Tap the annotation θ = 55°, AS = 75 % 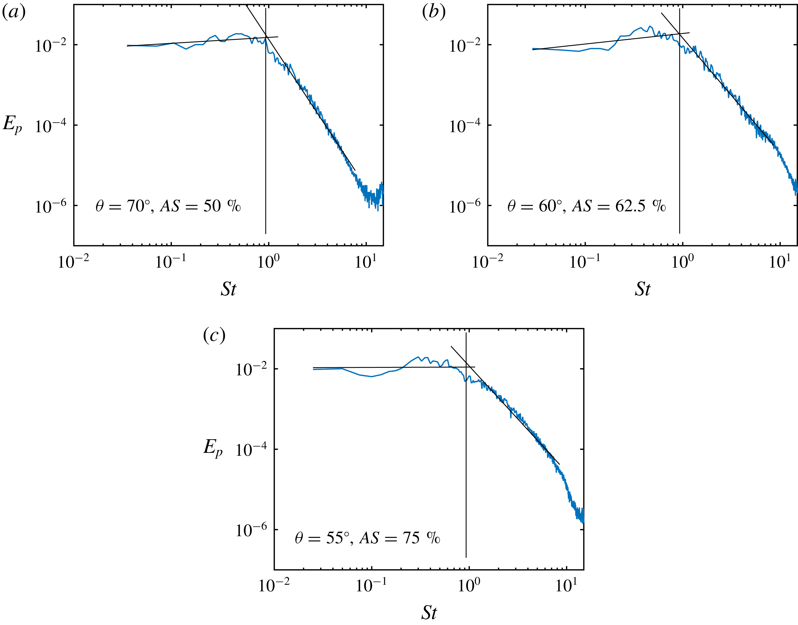click(367, 538)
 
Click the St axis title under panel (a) click(228, 289)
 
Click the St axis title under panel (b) click(643, 289)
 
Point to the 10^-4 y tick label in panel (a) click(51, 126)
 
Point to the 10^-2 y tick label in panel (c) click(251, 370)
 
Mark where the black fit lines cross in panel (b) click(679, 34)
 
